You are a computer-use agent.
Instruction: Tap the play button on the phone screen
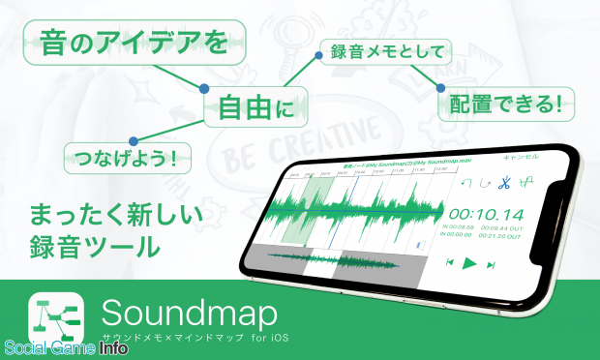coord(469,262)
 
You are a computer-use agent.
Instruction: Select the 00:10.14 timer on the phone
coord(487,214)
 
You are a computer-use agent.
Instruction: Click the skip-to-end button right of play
coord(491,263)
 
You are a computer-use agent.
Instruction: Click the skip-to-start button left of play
coord(450,261)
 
